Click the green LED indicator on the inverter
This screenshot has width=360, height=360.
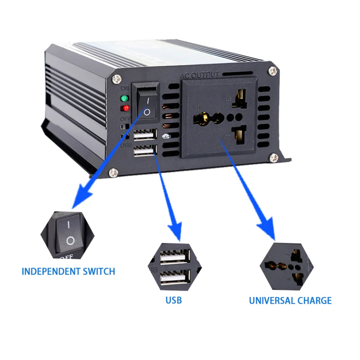(x=124, y=99)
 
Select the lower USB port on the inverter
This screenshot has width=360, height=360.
(x=145, y=151)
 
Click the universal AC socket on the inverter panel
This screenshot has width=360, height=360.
(x=219, y=117)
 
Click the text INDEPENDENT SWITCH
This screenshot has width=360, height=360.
(x=68, y=271)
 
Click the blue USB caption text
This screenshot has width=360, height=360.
(x=174, y=301)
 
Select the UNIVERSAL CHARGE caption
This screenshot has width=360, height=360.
(x=290, y=301)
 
